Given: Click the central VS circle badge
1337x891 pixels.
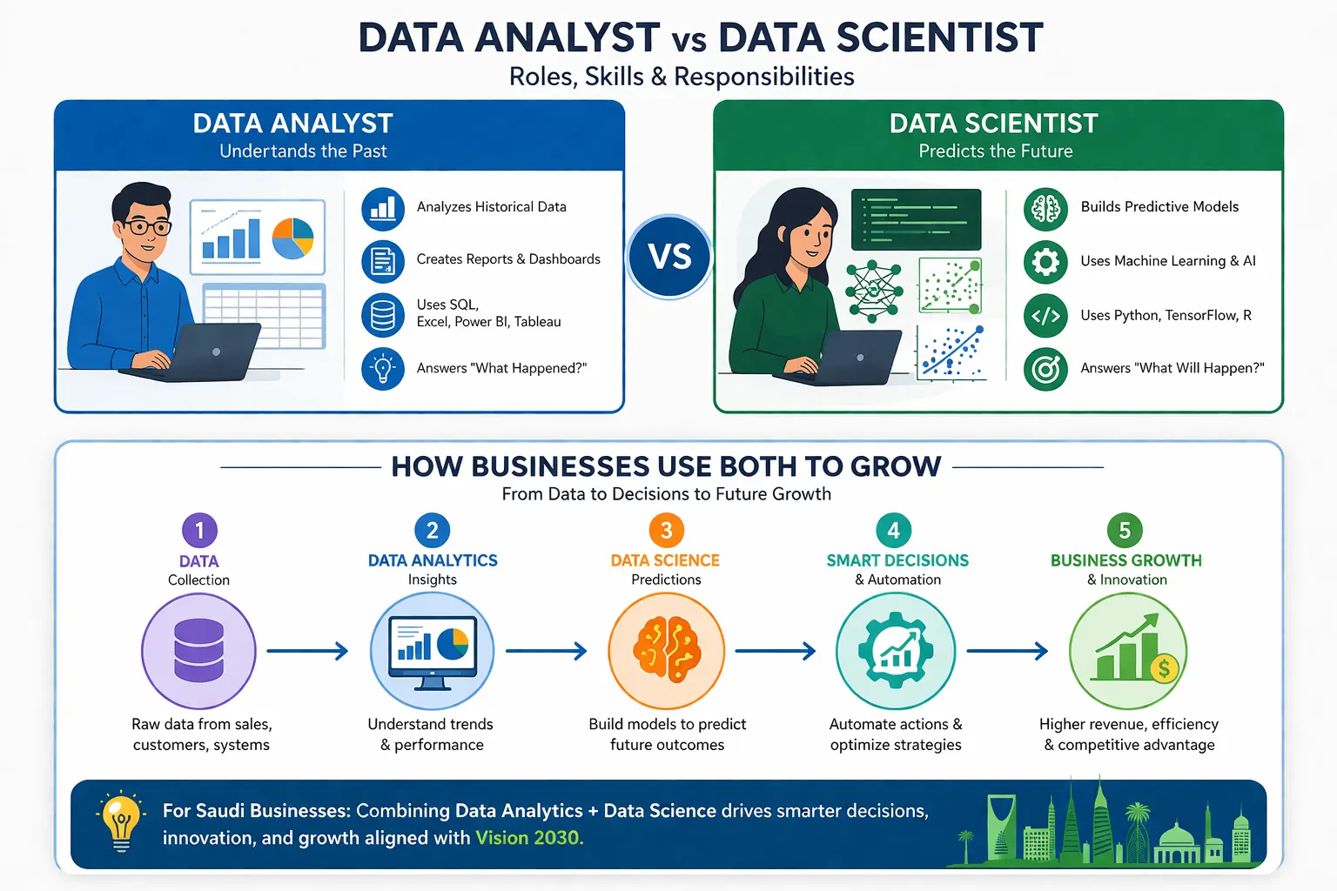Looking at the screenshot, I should coord(669,257).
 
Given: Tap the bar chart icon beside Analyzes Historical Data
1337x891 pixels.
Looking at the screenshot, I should coord(383,209).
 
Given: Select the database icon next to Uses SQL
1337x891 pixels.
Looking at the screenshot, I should coord(383,314).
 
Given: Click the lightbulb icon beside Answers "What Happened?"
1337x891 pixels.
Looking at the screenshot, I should coord(383,368).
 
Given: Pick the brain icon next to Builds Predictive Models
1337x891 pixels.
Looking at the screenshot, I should coord(1045,209).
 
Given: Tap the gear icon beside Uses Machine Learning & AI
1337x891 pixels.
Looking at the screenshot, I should coord(1045,262).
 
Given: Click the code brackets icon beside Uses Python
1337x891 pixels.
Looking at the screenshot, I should coord(1045,316).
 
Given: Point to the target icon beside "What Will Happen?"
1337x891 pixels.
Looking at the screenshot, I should coord(1045,370).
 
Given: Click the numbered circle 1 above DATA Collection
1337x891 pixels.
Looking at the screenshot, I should coord(199,530).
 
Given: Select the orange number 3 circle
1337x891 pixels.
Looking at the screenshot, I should coord(667,530).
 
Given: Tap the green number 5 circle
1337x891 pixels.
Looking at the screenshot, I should coord(1125,530).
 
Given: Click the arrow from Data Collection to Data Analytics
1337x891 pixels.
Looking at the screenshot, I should coord(307,651).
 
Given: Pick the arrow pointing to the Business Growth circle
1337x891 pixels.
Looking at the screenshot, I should coord(1007,651).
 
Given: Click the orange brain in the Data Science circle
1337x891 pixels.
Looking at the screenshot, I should coord(667,648).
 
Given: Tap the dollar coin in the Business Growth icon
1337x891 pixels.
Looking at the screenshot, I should coord(1164,668).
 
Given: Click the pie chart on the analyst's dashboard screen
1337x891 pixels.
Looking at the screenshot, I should coord(292,238).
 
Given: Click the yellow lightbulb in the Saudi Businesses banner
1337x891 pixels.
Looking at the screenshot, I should coord(121,821).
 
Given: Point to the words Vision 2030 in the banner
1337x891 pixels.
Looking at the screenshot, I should coord(528,838).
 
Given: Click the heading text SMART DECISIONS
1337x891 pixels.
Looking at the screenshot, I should coord(897,560).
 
